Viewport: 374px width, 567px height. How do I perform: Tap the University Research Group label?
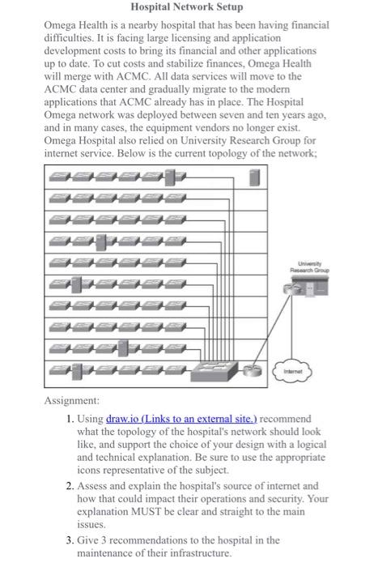click(x=308, y=266)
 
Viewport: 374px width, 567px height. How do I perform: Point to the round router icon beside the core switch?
click(x=256, y=373)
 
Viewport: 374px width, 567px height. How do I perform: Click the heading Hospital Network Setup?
click(x=186, y=7)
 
